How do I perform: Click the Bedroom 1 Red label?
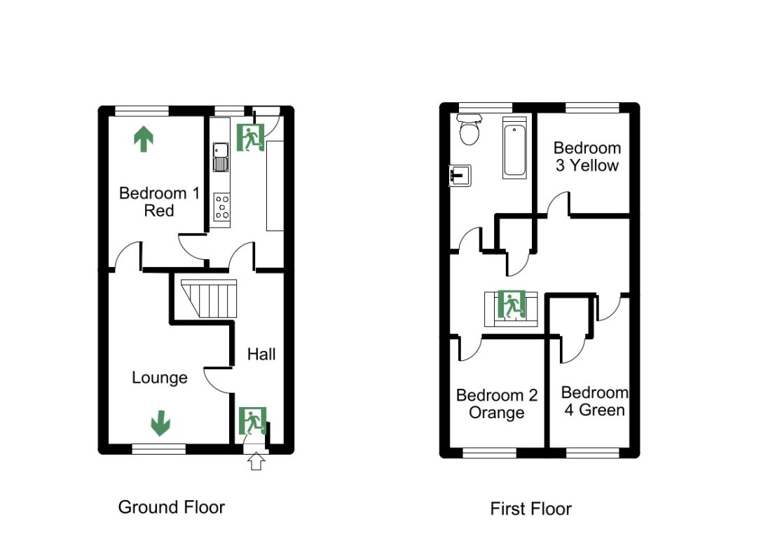click(x=153, y=202)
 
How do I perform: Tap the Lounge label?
click(x=160, y=378)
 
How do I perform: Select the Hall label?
click(x=261, y=354)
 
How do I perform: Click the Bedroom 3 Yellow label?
click(x=587, y=157)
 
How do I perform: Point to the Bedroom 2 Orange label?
click(x=497, y=404)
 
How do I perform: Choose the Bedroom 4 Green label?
click(x=594, y=401)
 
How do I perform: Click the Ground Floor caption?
click(x=171, y=506)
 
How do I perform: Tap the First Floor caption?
click(x=530, y=509)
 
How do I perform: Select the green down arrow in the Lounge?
click(x=160, y=422)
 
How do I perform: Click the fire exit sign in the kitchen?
click(x=250, y=138)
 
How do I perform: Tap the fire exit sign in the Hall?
click(x=252, y=421)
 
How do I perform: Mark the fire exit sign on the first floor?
click(x=511, y=305)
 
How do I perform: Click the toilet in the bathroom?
click(x=468, y=130)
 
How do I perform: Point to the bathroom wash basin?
click(x=460, y=175)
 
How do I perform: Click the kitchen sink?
click(x=221, y=157)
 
